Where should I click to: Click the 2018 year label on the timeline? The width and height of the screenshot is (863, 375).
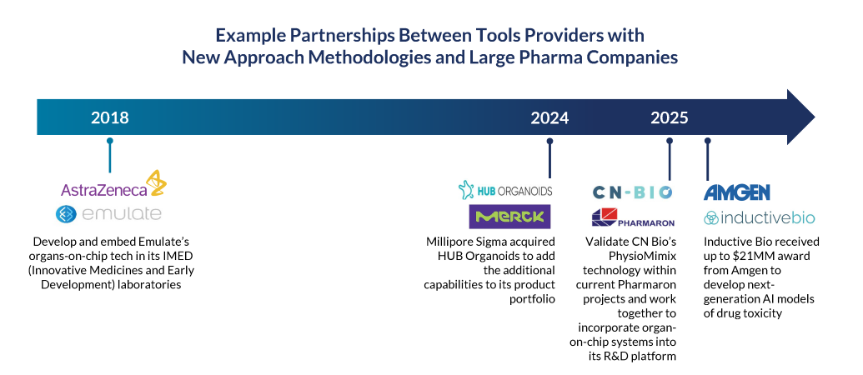point(109,117)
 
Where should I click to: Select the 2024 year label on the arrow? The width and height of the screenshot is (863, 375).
point(549,117)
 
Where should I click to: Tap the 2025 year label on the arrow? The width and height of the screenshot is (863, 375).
point(670,117)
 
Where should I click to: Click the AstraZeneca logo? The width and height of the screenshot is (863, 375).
point(113,184)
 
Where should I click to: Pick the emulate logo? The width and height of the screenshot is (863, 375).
point(109,214)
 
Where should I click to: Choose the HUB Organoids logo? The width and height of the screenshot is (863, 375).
point(505,190)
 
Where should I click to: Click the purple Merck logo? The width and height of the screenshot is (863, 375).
point(509,217)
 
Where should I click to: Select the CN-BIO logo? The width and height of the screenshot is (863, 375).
point(632,192)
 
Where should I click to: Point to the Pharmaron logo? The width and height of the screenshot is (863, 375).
point(633,217)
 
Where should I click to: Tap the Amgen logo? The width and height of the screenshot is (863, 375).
point(737,192)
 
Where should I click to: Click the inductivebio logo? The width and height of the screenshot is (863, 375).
point(760,217)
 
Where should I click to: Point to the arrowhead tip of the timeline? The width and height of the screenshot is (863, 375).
point(815,117)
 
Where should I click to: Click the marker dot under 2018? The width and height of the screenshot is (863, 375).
point(109,141)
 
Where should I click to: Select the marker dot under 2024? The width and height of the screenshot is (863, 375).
point(549,141)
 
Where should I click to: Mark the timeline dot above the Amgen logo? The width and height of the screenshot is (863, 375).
point(707,141)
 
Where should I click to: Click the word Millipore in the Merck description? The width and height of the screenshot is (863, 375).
point(449,242)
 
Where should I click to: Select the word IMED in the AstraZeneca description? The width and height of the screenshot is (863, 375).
point(180,256)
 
